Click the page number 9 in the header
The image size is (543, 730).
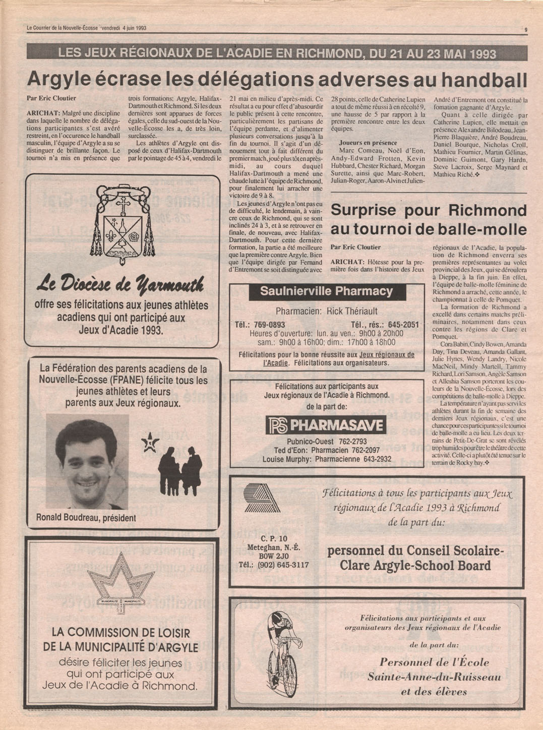tap(526, 30)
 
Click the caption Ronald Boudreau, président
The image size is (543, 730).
tap(86, 518)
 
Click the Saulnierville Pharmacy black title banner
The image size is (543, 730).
tap(326, 291)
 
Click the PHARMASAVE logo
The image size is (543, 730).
tap(326, 425)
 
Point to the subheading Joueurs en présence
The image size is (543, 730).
tap(368, 143)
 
